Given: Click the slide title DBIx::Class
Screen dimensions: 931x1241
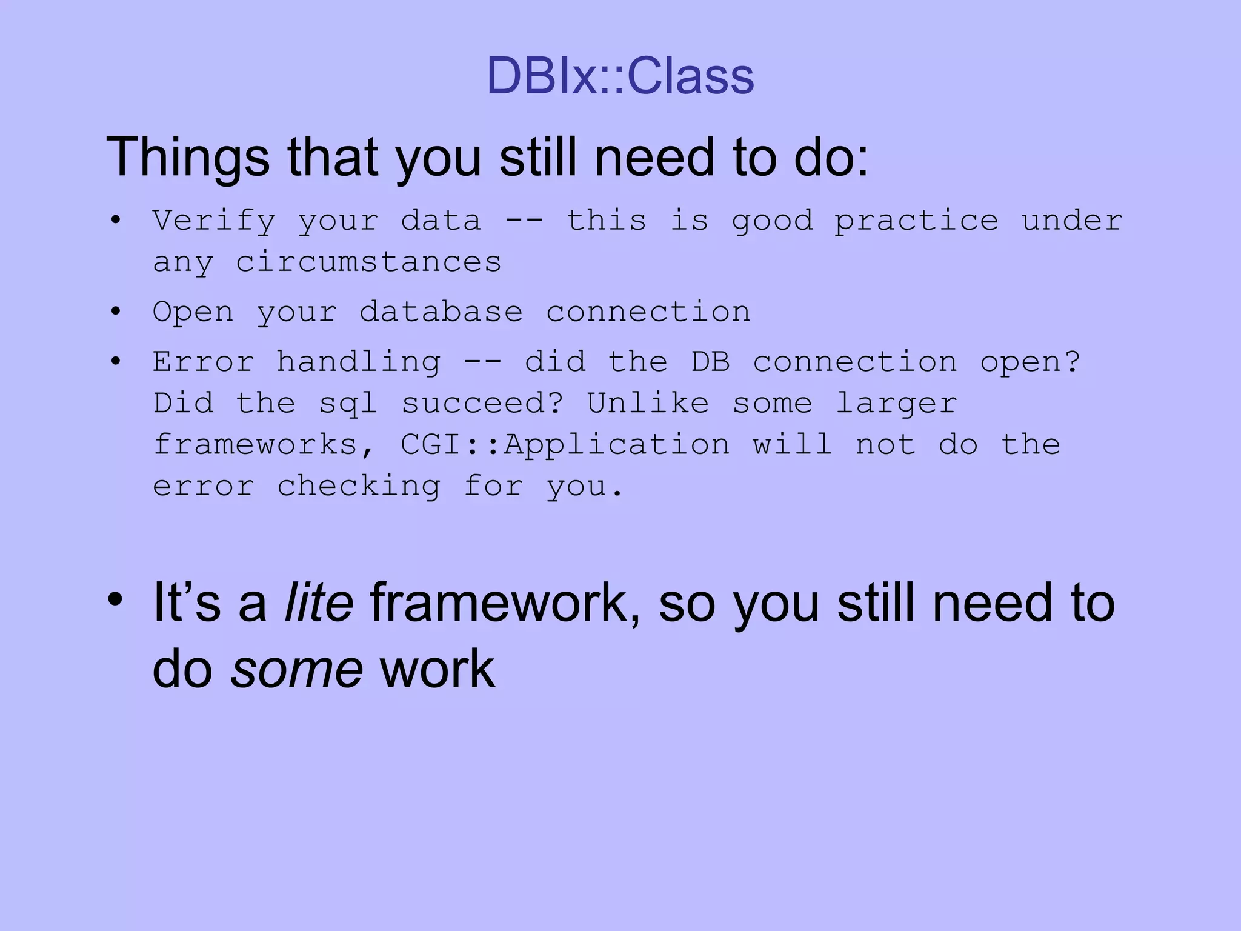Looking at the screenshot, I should [x=620, y=76].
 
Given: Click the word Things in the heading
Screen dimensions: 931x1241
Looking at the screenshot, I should [x=187, y=158].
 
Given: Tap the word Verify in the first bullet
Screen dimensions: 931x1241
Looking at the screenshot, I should [x=214, y=220].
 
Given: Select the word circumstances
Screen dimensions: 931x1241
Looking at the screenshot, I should [x=368, y=262].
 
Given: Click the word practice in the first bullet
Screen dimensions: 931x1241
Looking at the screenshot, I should [x=916, y=221].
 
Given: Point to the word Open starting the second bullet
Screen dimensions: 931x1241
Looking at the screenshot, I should [x=193, y=313].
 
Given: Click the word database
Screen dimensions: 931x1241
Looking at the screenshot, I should [x=441, y=312].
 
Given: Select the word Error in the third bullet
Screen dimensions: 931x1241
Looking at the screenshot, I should [x=203, y=362].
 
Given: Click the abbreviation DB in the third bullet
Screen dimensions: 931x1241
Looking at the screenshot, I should [x=710, y=362].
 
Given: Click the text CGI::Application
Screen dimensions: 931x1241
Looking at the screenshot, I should [x=565, y=445].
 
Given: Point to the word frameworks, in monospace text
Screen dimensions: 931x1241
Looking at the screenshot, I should [x=264, y=445].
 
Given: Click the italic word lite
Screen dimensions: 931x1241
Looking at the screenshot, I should [x=319, y=602].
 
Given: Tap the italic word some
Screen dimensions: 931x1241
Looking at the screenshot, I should [x=296, y=669].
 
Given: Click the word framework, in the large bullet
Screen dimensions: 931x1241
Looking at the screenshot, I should [x=505, y=602].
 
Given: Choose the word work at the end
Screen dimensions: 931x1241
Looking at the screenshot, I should [x=438, y=669].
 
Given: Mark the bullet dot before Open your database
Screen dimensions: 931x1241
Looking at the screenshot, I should [x=116, y=312].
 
